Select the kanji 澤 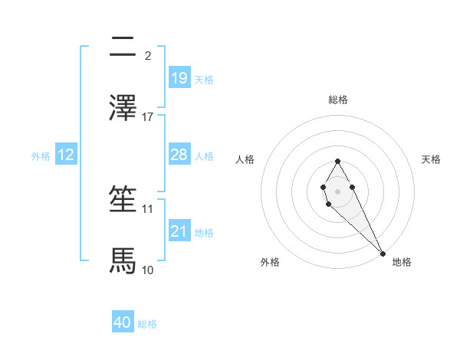click(123, 107)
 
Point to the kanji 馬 click(123, 260)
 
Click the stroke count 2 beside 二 click(148, 55)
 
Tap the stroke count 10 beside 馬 click(148, 270)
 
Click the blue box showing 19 click(179, 77)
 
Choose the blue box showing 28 click(179, 155)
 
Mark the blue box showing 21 click(179, 231)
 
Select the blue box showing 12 click(66, 155)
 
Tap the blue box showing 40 click(123, 322)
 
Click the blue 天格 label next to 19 click(204, 80)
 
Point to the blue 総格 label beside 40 click(147, 325)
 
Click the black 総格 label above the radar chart click(338, 100)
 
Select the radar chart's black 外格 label click(270, 262)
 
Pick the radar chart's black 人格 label click(245, 159)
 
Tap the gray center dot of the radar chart click(337, 190)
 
